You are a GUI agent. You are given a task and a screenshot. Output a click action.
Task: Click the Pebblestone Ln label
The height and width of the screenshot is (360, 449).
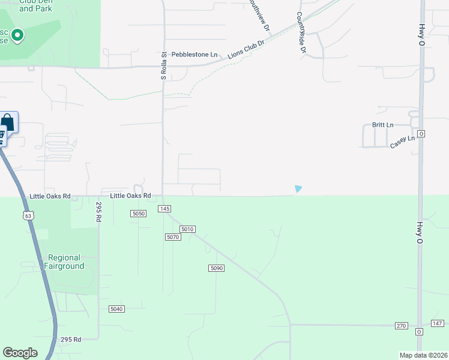pos(194,55)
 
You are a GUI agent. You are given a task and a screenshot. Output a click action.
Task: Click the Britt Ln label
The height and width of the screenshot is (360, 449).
pos(382,125)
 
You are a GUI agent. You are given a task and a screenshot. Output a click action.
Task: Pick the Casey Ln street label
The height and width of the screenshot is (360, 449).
pos(402,142)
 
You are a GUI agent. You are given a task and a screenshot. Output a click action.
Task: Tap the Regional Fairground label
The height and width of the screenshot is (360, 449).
pos(64,262)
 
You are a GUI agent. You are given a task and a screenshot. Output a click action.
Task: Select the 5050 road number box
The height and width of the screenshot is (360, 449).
pos(139,214)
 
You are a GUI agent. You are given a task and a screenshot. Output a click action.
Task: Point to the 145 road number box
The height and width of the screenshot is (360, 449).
pos(165,208)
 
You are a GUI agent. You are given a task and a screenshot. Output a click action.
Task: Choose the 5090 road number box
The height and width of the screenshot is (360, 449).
pos(217,268)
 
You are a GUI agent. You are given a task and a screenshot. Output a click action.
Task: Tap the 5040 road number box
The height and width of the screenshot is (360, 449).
pos(116,309)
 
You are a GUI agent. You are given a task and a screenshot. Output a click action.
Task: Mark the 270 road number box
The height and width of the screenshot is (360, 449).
pos(401,326)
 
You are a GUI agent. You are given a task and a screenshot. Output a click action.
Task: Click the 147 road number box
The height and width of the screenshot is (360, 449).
pos(438,323)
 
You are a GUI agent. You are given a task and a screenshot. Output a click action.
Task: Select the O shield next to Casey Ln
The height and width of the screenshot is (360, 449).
pos(421,134)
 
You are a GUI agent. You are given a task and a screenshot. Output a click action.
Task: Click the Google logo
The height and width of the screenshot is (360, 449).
pos(20,352)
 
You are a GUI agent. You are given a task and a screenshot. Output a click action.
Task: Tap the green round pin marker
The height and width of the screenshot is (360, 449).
pos(17,36)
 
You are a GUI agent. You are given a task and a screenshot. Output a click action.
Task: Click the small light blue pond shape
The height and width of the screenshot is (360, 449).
pos(298,189)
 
